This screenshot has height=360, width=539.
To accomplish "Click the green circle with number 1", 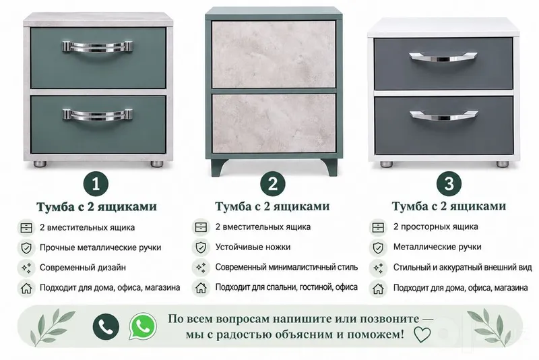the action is tap(96, 183).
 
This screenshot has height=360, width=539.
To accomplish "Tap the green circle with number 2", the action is tap(273, 183).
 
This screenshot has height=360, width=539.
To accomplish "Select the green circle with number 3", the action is tap(449, 183).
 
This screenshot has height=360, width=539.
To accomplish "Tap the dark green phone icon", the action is tap(106, 326).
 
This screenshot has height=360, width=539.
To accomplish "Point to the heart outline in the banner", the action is tap(422, 334).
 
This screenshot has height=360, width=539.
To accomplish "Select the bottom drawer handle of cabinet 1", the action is tap(97, 114).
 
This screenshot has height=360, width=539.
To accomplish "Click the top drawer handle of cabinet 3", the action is tap(443, 57).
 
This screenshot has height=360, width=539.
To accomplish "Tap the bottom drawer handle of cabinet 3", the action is tap(443, 115).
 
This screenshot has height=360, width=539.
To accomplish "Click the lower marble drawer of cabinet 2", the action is tap(274, 123).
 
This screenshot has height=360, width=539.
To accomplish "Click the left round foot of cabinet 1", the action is tap(40, 164).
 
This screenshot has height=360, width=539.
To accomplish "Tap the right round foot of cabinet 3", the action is tap(502, 164).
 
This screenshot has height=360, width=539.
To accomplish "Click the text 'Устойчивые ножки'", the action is tap(253, 247).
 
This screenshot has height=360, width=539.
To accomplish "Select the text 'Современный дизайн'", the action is tap(82, 268).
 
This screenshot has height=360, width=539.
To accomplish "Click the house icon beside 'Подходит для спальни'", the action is tap(201, 288).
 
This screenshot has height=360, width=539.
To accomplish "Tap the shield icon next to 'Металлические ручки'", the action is tap(378, 248).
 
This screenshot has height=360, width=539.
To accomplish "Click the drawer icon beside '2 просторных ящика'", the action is tap(378, 228).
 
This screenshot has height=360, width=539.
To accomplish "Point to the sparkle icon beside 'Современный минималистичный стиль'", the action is tap(201, 268).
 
